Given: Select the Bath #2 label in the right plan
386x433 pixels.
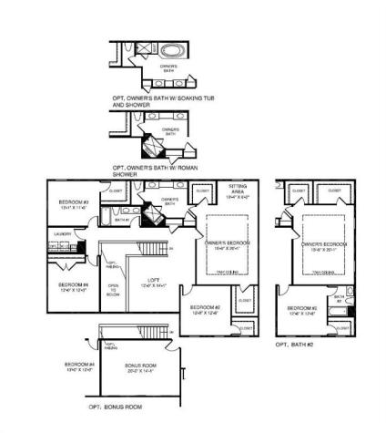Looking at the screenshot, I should point(339,297).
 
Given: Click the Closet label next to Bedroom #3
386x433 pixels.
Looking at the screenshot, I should point(116,191).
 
